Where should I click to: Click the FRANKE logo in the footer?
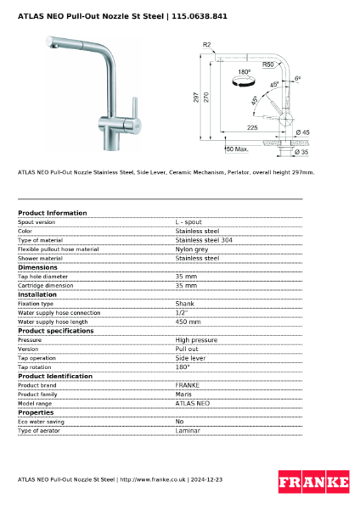314,483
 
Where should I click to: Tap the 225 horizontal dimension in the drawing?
252,126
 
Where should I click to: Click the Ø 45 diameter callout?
303,132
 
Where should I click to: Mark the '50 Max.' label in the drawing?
235,149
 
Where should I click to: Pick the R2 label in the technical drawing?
206,44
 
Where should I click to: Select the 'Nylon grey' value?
191,249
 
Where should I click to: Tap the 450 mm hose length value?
188,322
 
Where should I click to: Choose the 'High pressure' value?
196,339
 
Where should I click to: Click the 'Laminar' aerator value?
188,431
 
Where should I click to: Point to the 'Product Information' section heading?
52,213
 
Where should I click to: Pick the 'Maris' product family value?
183,394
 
